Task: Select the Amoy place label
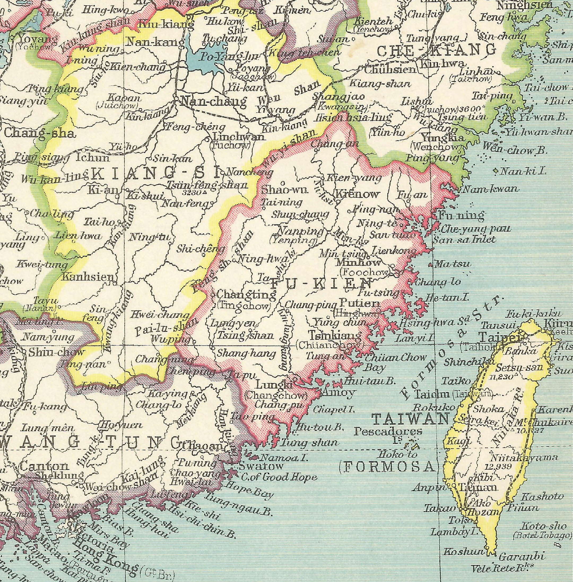(x=339, y=392)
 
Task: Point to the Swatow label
(x=261, y=466)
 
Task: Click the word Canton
(x=44, y=466)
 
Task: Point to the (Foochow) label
(x=364, y=272)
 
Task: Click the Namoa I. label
(x=283, y=458)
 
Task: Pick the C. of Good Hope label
(x=278, y=477)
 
